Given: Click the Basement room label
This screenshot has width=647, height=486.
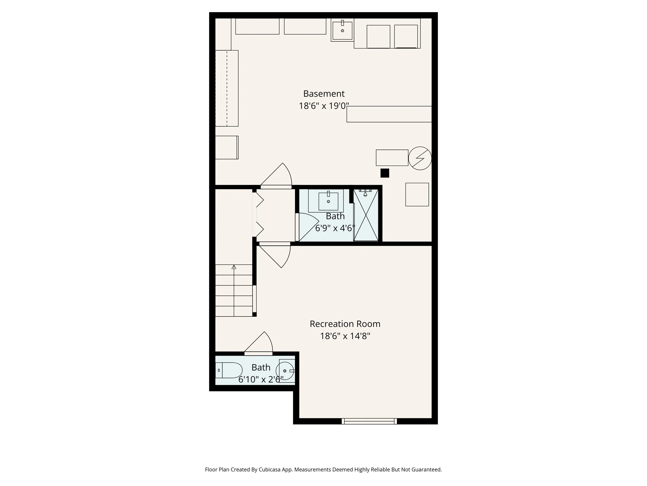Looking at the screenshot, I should click(324, 94).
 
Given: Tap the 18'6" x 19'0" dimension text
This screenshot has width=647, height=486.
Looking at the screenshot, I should click(323, 106).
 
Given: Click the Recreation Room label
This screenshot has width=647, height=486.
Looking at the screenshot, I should click(345, 324).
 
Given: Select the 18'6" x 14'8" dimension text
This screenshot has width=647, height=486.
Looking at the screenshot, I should click(345, 336).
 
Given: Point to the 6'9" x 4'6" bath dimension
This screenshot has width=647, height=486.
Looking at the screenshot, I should click(335, 228).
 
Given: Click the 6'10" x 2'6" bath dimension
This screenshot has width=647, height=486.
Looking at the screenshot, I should click(261, 379).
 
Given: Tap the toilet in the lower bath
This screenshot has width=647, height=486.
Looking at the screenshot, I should click(230, 370).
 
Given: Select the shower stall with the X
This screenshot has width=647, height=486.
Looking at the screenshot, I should click(366, 215).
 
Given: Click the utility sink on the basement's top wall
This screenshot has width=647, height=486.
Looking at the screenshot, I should click(342, 30).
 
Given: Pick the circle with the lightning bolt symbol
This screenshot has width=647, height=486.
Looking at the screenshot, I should click(420, 158).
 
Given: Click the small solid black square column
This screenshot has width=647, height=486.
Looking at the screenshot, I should click(385, 173).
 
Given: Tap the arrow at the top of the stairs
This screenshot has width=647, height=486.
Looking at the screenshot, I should click(234, 267).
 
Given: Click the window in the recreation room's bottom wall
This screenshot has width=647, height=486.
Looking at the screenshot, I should click(369, 421).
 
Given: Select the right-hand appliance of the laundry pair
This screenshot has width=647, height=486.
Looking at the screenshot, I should click(406, 36).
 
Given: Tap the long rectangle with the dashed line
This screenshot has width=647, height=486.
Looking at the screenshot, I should click(227, 88).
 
